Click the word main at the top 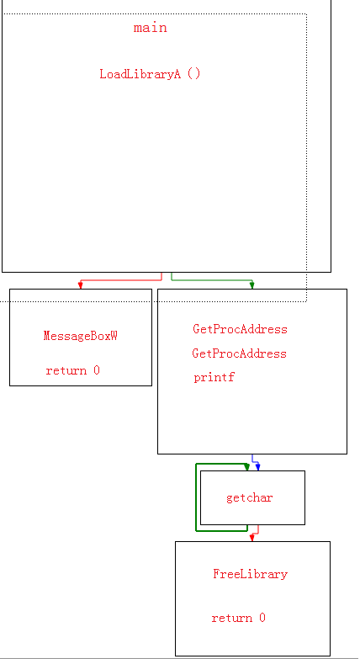[x=151, y=28]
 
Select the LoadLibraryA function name [x=140, y=74]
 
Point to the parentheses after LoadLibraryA [x=193, y=74]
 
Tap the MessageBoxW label [x=80, y=336]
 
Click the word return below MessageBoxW [x=66, y=370]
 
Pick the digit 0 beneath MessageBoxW [x=97, y=370]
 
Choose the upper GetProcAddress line [x=241, y=329]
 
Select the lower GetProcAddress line [x=240, y=353]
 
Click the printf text [x=214, y=377]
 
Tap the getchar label [x=250, y=498]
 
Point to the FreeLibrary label [x=251, y=574]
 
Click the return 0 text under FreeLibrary [x=239, y=618]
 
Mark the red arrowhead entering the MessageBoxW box [x=80, y=285]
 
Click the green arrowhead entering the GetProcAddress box [x=252, y=285]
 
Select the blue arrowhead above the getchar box [x=258, y=467]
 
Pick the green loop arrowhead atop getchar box [x=247, y=467]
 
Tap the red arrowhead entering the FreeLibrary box [x=252, y=538]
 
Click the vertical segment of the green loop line [x=196, y=497]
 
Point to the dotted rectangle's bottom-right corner [x=307, y=301]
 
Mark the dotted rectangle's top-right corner [x=307, y=13]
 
